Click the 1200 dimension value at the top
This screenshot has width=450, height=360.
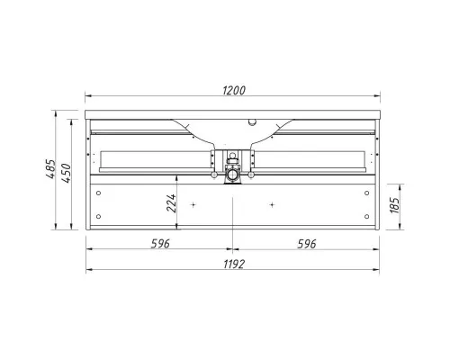tap(234, 90)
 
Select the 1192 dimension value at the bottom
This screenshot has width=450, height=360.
tap(234, 265)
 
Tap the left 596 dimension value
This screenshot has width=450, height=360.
tap(160, 244)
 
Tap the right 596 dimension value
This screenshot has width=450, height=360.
tap(307, 244)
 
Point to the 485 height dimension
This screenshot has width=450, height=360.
tap(50, 169)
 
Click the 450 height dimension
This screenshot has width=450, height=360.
tap(67, 173)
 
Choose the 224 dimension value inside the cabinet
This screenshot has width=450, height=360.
tap(171, 203)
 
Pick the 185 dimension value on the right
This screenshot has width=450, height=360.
tap(395, 205)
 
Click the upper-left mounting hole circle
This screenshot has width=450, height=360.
tap(98, 193)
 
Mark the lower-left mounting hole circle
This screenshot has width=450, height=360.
tap(98, 216)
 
